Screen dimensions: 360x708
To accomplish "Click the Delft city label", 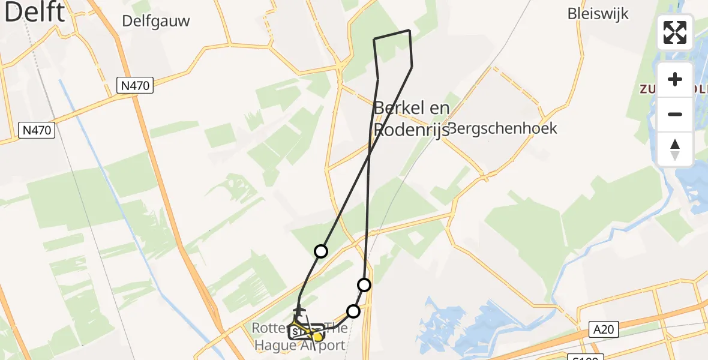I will (x=34, y=12).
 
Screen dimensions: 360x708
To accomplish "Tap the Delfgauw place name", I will (x=155, y=21).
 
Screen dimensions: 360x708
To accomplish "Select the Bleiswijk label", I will (x=598, y=13).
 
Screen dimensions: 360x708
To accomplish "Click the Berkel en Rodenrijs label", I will (x=412, y=118).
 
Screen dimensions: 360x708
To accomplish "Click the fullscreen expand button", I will (x=675, y=32).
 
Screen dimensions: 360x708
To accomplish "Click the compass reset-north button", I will (x=675, y=149).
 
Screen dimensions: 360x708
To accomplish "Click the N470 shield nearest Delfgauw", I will (x=134, y=86).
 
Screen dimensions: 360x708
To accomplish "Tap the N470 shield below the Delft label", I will (x=37, y=130).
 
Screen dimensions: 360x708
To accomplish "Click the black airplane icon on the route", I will (x=298, y=310).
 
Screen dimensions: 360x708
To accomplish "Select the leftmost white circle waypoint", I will (x=321, y=251).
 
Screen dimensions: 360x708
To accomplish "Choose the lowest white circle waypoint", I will (x=353, y=311).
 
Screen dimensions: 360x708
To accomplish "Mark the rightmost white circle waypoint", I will (x=364, y=284).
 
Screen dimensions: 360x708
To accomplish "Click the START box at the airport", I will (x=299, y=331).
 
